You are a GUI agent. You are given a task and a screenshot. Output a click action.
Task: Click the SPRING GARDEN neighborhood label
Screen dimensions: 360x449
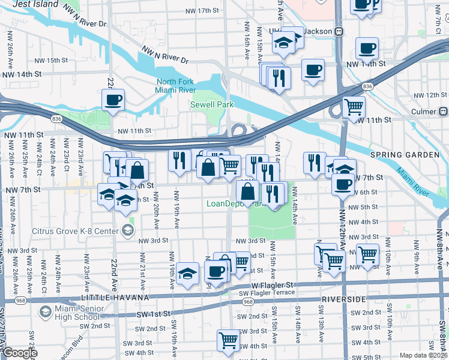tap(405, 155)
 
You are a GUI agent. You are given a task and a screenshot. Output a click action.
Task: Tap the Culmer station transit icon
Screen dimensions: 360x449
tap(444, 112)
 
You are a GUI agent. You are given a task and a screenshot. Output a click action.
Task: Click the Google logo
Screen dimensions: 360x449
tap(19, 353)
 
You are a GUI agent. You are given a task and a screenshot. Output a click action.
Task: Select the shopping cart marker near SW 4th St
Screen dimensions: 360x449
tap(228, 340)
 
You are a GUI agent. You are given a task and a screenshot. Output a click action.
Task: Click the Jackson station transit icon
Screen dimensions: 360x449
tap(339, 31)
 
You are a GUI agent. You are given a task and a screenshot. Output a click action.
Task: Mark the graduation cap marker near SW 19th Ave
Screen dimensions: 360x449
tap(188, 274)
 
